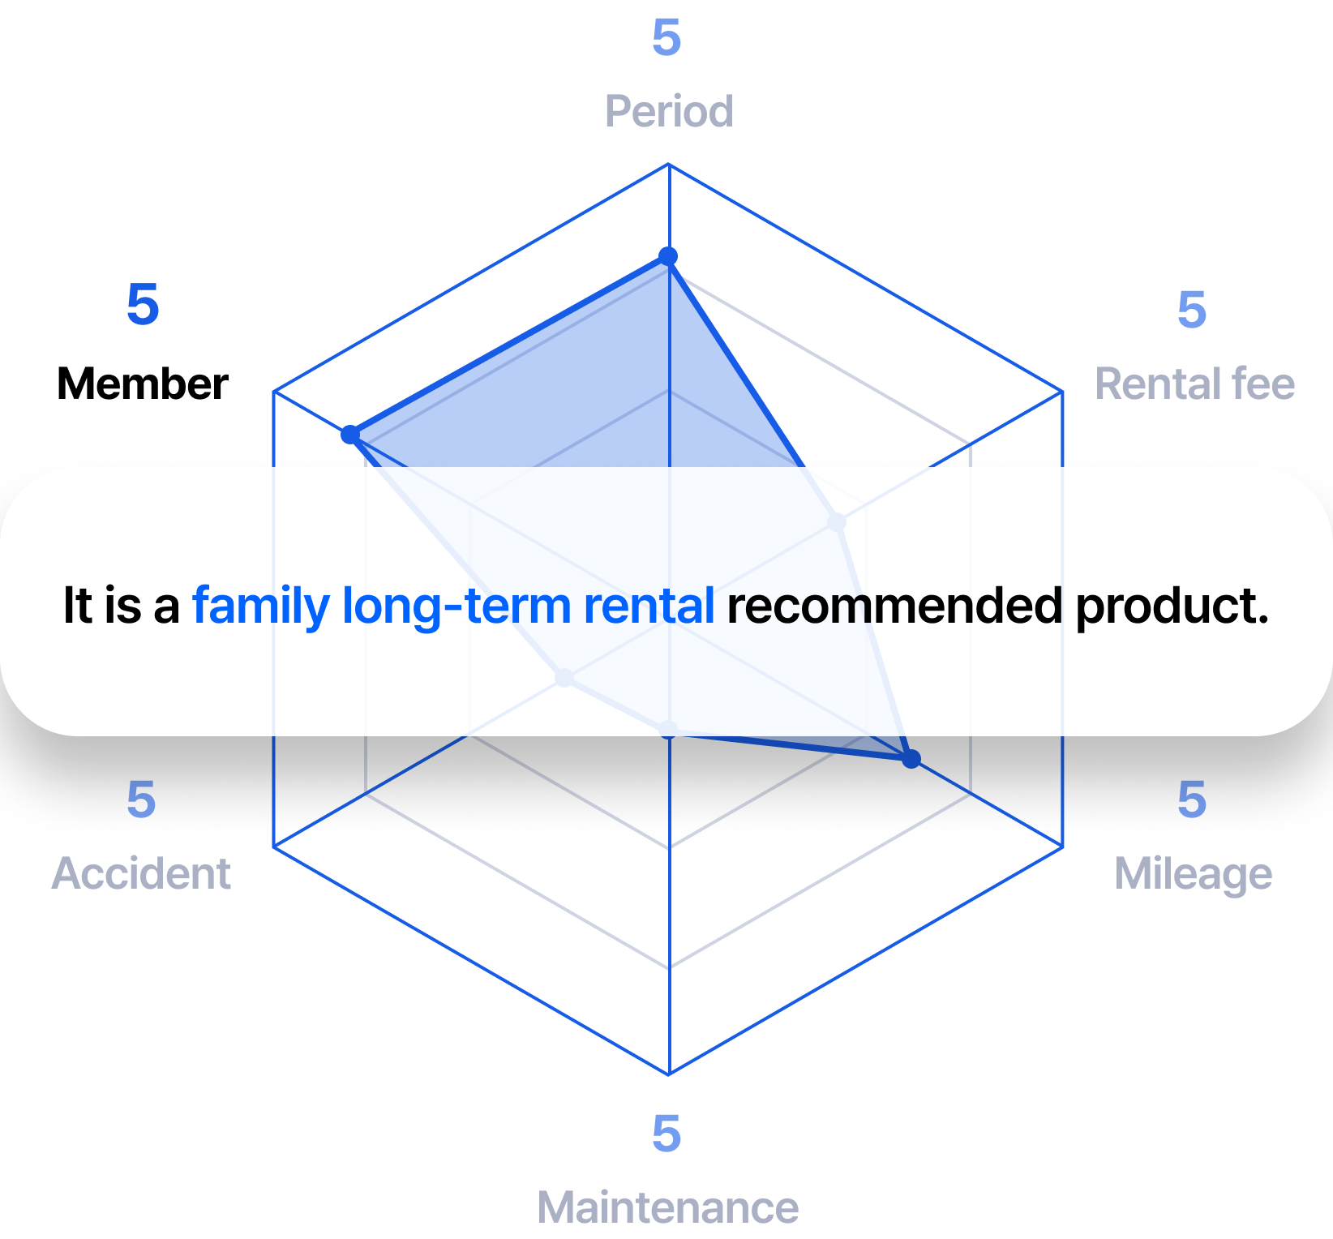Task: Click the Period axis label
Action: [669, 111]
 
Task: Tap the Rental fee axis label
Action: [1194, 384]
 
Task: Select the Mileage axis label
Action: [1193, 874]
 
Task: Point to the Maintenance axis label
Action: [668, 1207]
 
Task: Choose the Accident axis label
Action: [142, 874]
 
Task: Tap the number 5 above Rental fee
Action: [1192, 310]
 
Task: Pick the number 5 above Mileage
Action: [1192, 800]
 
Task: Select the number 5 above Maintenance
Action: [666, 1133]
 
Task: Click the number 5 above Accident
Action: [141, 800]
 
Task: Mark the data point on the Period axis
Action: [668, 257]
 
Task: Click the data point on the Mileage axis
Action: [911, 759]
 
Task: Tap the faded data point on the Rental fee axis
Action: [837, 521]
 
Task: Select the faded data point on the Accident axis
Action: [564, 677]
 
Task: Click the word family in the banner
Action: [261, 606]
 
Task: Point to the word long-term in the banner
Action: [456, 606]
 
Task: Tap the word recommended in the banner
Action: [894, 606]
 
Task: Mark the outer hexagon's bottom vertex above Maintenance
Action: [669, 1074]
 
